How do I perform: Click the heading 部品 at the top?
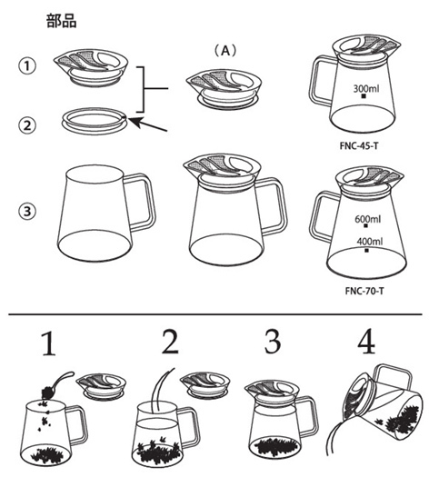tap(61, 21)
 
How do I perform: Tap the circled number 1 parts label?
tap(27, 65)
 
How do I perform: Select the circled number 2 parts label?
tap(27, 125)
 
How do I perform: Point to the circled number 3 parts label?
tap(27, 211)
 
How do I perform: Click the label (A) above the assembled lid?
tap(224, 51)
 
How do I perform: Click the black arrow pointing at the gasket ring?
tap(148, 124)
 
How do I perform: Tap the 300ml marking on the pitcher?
tap(366, 88)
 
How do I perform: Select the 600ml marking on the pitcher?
tap(367, 219)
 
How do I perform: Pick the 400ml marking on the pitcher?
tap(369, 242)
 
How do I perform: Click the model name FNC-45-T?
tap(359, 145)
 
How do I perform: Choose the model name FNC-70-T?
tap(364, 291)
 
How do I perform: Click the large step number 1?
tap(49, 343)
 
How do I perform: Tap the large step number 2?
tap(170, 342)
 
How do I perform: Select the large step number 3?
tap(273, 342)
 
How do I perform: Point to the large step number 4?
tap(366, 342)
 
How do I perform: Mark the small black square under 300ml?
tap(364, 96)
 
